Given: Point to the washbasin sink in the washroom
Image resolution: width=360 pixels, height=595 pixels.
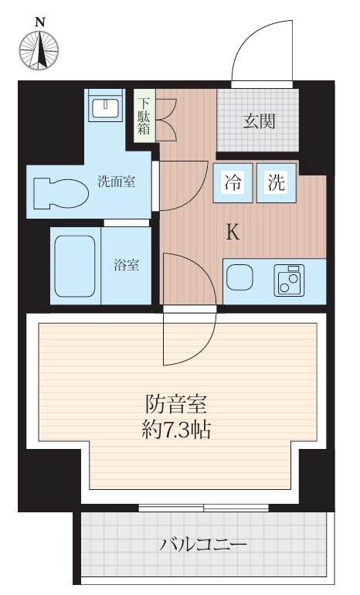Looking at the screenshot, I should [104, 107].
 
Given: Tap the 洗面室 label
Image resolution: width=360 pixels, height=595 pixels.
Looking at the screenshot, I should [117, 182].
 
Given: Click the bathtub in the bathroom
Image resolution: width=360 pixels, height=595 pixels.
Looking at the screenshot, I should [75, 264].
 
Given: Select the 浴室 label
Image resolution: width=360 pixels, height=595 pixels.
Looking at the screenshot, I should [127, 265].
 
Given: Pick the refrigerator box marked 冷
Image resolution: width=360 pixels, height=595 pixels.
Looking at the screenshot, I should [233, 184].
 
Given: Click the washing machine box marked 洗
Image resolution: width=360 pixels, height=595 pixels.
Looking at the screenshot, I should [277, 184].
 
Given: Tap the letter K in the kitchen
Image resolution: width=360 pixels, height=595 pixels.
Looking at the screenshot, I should [232, 232].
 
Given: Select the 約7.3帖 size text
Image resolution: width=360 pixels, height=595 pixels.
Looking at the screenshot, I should [178, 429].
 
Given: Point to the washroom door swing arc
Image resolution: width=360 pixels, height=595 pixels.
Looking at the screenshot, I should [182, 184].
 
